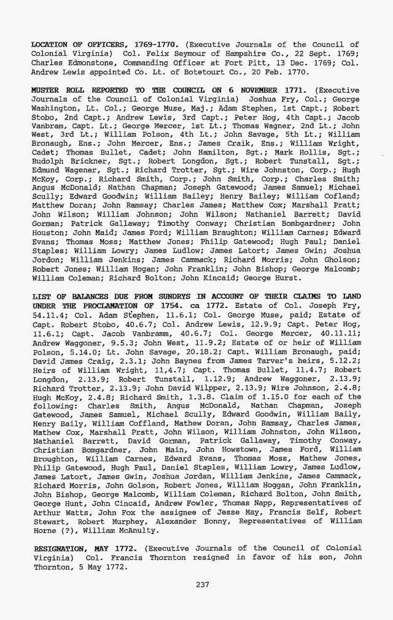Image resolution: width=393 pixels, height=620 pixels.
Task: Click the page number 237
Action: (203, 584)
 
